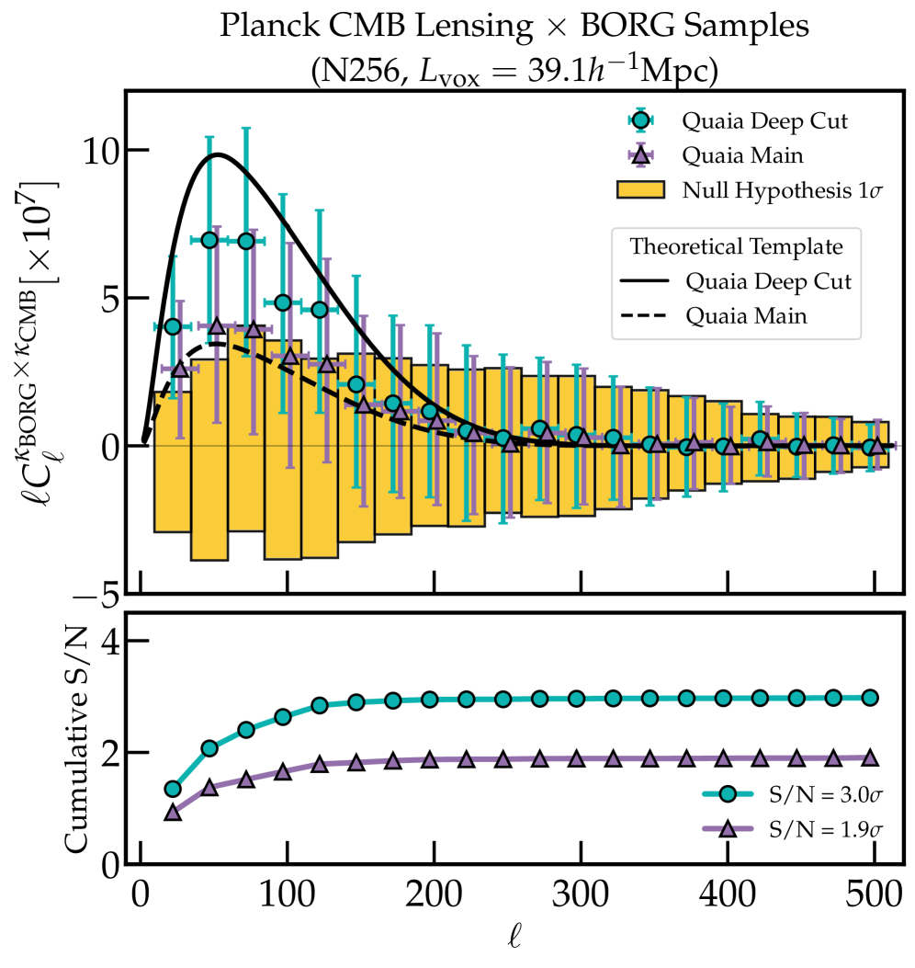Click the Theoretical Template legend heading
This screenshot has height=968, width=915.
coord(736,246)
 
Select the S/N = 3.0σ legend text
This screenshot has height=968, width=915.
coord(811,792)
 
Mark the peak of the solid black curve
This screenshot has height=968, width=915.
coord(218,154)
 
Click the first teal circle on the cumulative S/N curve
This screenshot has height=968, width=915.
coord(173,789)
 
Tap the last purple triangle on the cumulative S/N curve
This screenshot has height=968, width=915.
coord(870,758)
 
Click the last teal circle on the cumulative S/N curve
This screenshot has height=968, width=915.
coord(870,698)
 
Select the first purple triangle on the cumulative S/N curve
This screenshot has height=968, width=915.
coord(173,812)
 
